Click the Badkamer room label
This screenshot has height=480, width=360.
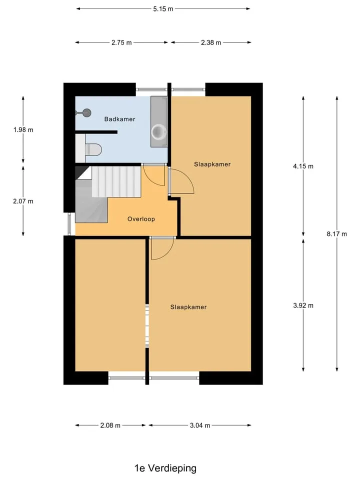(119, 119)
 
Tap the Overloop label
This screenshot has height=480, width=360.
(141, 219)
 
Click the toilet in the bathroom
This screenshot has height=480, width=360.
(93, 149)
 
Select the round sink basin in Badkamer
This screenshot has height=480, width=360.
(158, 132)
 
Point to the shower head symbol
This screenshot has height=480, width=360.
(87, 113)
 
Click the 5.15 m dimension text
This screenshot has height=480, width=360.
(163, 9)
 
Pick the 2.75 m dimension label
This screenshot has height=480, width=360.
(121, 42)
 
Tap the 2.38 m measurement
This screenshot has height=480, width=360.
(211, 42)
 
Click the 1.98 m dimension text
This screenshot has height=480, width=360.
(23, 130)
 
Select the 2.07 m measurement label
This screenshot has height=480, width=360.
(23, 201)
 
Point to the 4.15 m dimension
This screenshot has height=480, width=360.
(303, 166)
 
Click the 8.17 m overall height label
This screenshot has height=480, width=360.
(336, 234)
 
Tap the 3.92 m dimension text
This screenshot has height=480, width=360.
(303, 305)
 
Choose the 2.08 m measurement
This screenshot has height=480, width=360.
(110, 425)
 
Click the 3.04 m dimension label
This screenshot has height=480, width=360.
(200, 425)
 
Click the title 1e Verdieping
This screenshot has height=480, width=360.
(165, 468)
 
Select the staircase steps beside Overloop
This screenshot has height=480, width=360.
(116, 181)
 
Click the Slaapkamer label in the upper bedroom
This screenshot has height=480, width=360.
(212, 164)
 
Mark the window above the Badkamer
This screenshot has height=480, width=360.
(152, 89)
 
